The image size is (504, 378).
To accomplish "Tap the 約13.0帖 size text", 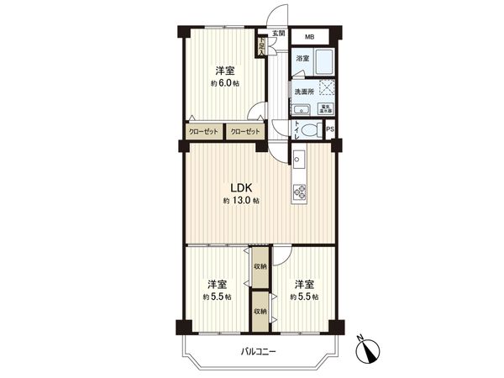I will pos(241,202).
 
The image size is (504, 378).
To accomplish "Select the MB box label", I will pos(309,37).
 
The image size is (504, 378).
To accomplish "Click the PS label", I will pos(330,129).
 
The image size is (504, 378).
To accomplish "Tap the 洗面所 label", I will pos(303,91).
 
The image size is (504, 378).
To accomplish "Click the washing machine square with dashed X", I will pos(325,89).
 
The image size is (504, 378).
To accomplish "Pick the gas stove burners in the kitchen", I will pos(300,192).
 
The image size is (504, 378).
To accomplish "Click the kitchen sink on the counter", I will pos(299,157).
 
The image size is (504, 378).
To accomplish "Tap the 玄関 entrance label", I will pos(278,33).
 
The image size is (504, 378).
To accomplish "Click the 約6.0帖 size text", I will pos(223,84).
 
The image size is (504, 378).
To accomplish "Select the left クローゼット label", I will pos(204,132).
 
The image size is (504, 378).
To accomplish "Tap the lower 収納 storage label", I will pos(260,311).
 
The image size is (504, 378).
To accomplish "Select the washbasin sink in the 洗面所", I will pos(301,110).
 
